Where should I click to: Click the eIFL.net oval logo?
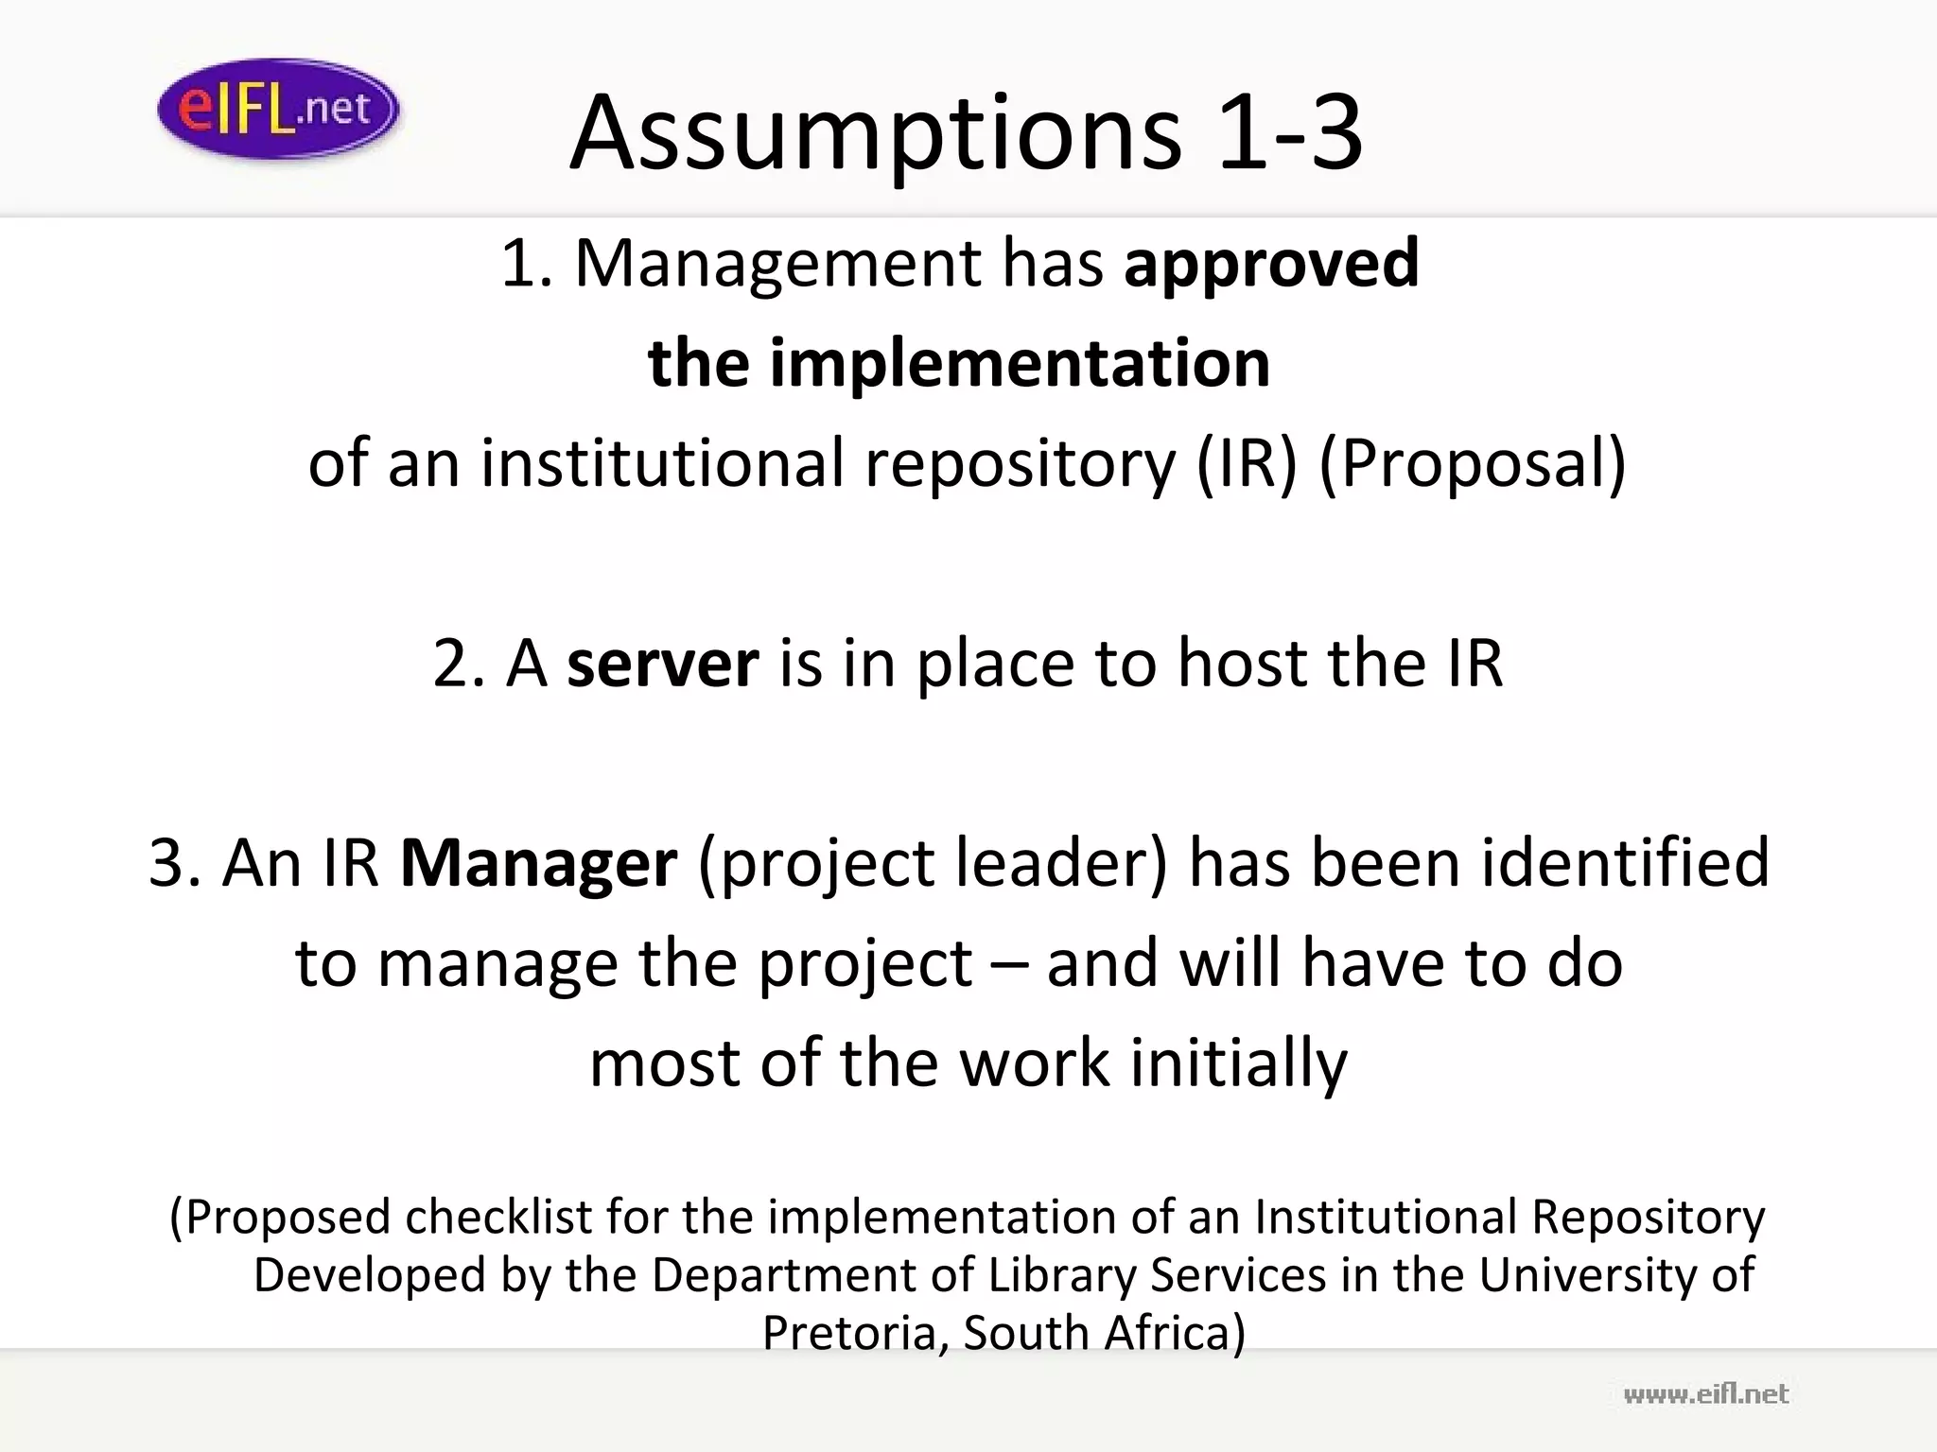tap(277, 109)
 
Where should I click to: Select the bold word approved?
tap(1271, 264)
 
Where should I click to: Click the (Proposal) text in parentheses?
tap(1472, 465)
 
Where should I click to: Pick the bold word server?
tap(662, 664)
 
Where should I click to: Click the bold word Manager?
tap(538, 863)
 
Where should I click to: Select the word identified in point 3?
tap(1624, 863)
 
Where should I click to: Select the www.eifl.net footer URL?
tap(1705, 1394)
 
